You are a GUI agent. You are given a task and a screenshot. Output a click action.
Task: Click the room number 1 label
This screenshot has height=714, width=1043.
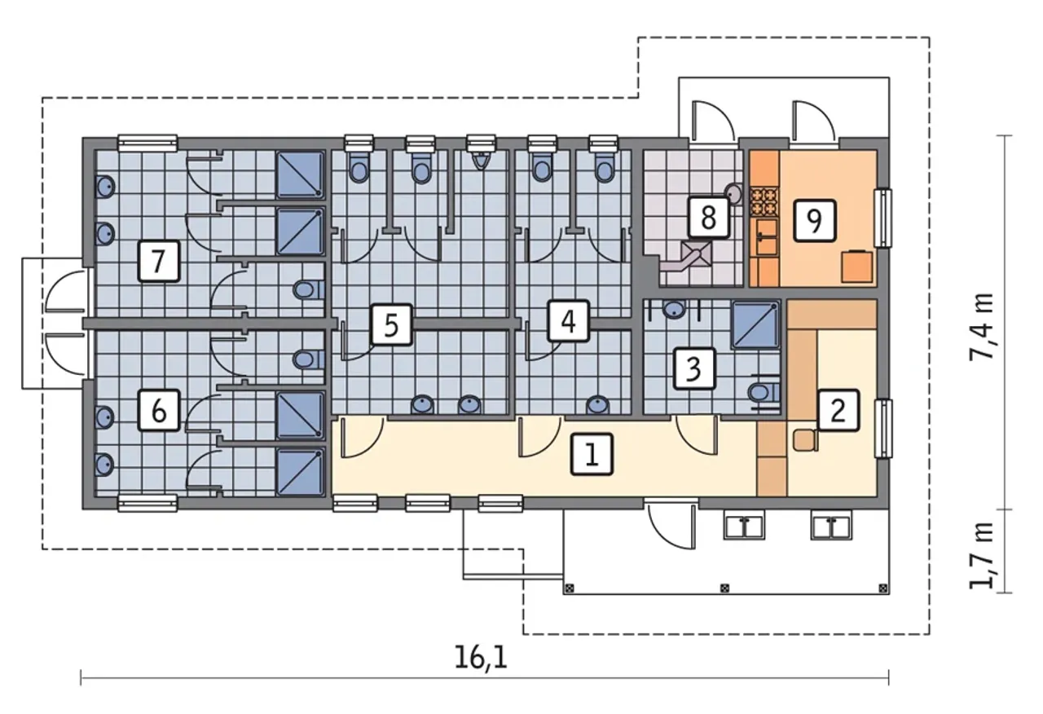[592, 454]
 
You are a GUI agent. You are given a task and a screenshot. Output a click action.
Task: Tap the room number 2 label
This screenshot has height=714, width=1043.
[838, 410]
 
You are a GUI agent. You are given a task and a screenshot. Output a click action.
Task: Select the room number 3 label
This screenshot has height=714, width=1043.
[693, 368]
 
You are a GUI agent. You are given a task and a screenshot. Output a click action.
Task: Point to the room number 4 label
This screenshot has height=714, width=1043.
[569, 321]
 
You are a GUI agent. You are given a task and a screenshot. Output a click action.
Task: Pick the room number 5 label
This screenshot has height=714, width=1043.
[392, 325]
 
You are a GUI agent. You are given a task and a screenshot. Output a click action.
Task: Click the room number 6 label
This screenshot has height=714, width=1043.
[159, 410]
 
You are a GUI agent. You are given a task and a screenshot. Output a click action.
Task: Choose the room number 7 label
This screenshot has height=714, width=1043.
[159, 261]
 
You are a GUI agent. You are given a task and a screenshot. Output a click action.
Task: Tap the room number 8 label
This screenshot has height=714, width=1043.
[708, 217]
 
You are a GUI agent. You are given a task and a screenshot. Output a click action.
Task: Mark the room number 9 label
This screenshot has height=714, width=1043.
[814, 221]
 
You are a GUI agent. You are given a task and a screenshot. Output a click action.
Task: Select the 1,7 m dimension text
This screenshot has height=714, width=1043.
[981, 556]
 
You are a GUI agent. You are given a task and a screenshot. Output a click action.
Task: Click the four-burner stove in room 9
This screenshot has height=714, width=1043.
[764, 201]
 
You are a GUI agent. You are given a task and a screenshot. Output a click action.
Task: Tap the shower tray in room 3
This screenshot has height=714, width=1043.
[755, 324]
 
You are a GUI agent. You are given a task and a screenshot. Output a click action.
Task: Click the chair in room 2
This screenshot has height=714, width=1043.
[806, 440]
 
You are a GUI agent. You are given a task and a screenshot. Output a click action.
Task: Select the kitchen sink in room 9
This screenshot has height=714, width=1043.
[766, 237]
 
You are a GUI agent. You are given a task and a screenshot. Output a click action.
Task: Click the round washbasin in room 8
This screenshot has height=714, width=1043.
[734, 193]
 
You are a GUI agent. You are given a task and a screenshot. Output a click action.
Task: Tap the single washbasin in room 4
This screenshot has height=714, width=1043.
[598, 405]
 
